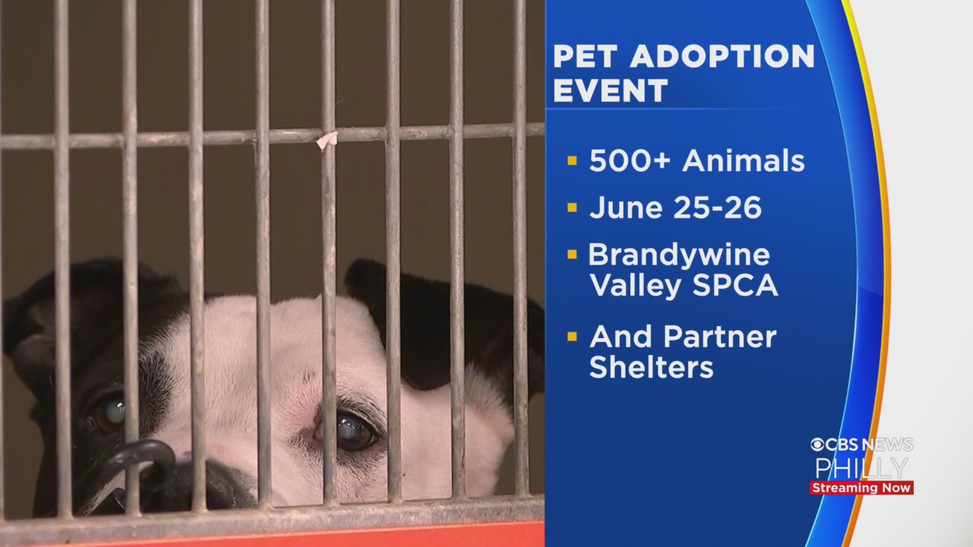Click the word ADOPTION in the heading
pos(722,56)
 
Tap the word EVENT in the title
pos(610,90)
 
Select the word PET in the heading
pos(585,56)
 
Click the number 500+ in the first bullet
pos(630,161)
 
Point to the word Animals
pos(743,160)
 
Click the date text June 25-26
pos(676,207)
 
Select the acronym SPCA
pos(735,285)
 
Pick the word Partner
pos(720,337)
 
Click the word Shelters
pos(651,367)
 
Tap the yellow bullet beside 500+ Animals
pos(572,161)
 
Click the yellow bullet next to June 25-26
pos(572,207)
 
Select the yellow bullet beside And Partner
pos(572,337)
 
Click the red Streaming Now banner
pos(862,488)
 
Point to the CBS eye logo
pos(817,444)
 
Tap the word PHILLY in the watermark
pos(862,468)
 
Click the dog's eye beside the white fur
pos(355,430)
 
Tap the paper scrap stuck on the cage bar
pos(327,139)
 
